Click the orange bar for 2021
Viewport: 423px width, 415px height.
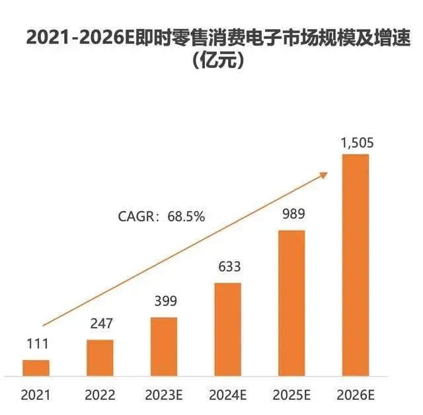tap(36, 369)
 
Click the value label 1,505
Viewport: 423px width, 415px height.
tap(355, 142)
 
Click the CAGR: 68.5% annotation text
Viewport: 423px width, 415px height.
tap(162, 216)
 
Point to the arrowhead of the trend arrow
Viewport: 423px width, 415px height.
tap(325, 173)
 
